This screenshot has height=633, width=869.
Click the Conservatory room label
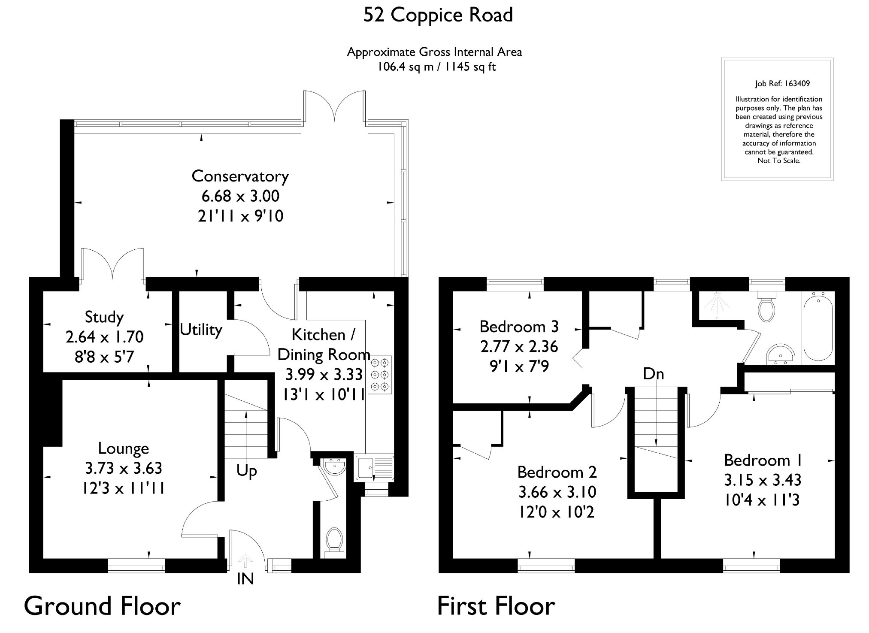[240, 176]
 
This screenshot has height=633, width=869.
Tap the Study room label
[104, 317]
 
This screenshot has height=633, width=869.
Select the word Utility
[201, 330]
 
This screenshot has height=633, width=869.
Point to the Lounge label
[124, 448]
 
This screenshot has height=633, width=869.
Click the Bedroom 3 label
[519, 327]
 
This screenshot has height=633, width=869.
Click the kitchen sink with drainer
[375, 468]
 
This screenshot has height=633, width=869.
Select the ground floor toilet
[334, 542]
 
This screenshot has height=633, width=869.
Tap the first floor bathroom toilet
[766, 306]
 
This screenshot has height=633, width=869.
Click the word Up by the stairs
[247, 471]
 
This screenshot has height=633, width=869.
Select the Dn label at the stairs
[654, 374]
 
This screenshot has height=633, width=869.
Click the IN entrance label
[245, 579]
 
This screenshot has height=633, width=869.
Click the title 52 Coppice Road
[438, 15]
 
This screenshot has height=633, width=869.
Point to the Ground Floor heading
[102, 606]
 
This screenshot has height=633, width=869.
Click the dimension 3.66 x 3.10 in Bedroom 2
[557, 492]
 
